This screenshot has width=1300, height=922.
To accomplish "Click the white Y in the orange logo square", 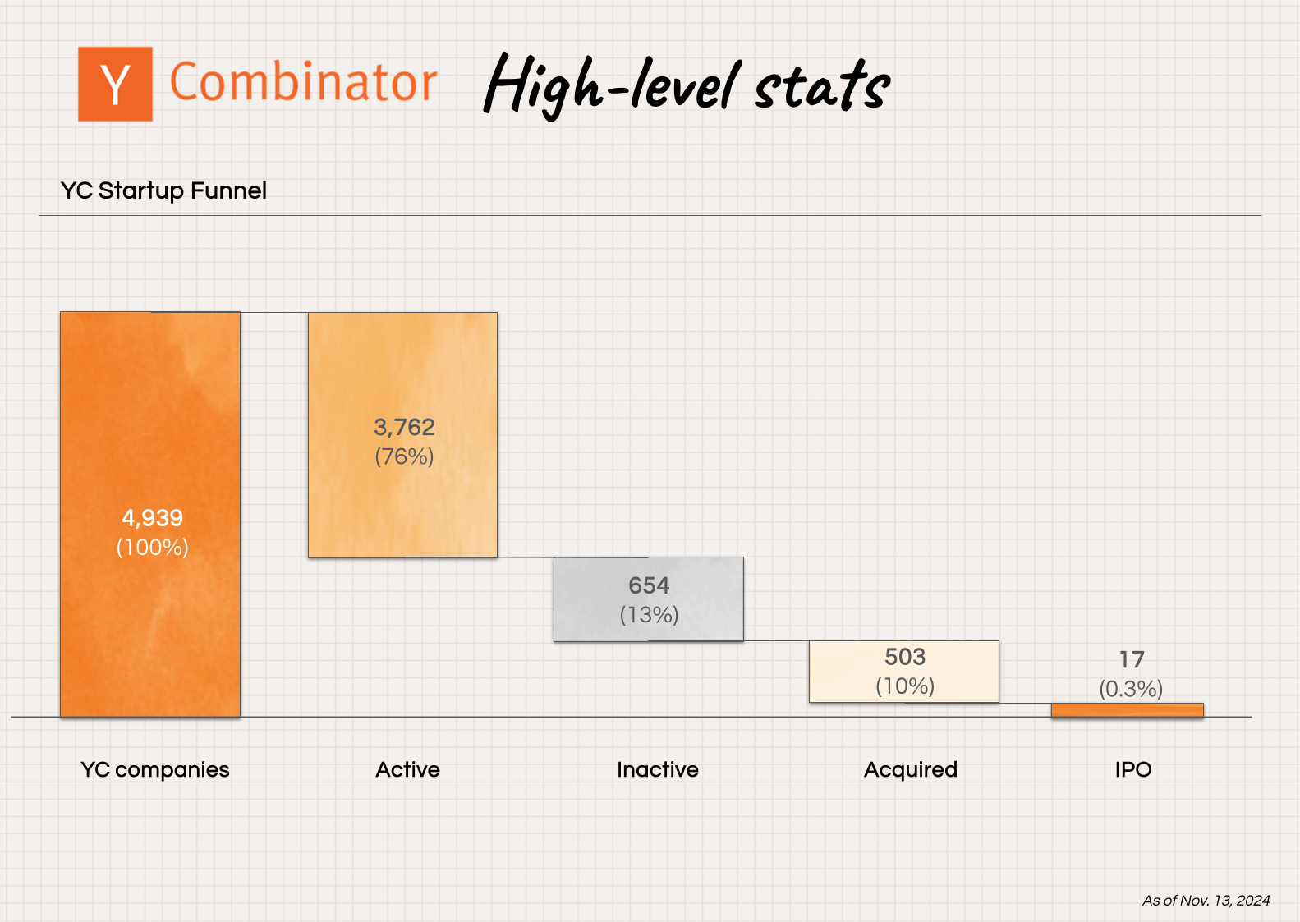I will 115,85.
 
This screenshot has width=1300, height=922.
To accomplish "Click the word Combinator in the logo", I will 302,83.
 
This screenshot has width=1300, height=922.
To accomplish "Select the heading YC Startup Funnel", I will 163,190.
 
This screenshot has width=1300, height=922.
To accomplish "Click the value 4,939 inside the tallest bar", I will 152,518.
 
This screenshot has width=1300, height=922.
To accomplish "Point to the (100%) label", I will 152,547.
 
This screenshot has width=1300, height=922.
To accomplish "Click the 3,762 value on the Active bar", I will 404,427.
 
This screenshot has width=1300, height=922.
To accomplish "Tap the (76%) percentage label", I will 404,456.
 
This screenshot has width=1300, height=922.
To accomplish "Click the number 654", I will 649,585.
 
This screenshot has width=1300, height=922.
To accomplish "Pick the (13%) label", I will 649,615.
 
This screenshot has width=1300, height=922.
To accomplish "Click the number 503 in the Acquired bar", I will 904,657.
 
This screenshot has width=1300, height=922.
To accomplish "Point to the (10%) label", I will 904,686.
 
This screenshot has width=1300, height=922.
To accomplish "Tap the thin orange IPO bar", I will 1127,710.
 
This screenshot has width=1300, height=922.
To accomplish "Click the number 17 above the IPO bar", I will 1131,659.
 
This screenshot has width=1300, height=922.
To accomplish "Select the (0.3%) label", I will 1131,689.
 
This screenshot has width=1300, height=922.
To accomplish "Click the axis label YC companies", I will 154,770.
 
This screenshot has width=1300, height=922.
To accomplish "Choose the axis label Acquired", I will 910,770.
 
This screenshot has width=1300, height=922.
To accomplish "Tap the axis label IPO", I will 1132,770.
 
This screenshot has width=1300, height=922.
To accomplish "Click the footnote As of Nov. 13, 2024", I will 1206,901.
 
